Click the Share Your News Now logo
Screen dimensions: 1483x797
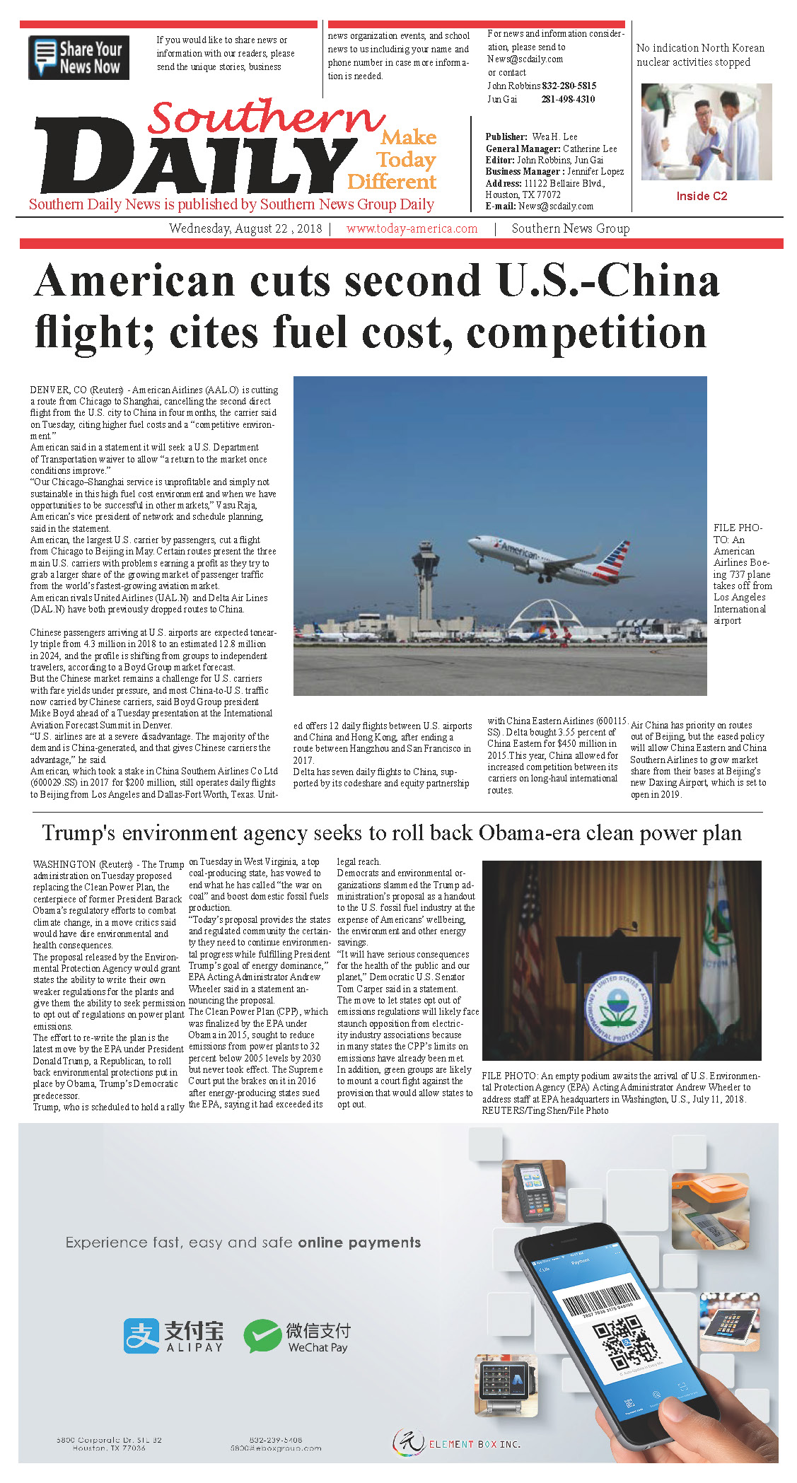coord(78,57)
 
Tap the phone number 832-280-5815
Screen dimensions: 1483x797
coord(569,86)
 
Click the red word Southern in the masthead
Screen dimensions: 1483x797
coord(265,117)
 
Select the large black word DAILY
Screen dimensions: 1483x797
coord(194,160)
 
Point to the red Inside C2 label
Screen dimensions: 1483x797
coord(702,196)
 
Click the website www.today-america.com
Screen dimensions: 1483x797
coord(412,228)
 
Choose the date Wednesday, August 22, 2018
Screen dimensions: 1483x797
coord(245,228)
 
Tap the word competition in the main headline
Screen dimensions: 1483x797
coord(586,332)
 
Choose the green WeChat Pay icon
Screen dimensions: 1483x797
coord(262,1336)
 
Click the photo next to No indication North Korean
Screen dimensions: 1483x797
coord(706,132)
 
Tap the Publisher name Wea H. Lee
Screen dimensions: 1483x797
coord(554,136)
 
